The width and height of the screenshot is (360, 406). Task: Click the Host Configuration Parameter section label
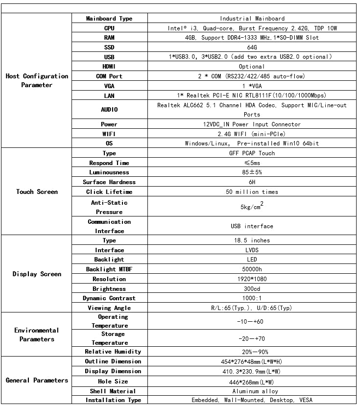click(37, 81)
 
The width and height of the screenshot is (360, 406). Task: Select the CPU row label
click(109, 28)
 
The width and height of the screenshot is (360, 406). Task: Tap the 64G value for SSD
click(252, 48)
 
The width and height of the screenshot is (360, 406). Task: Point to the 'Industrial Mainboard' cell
click(252, 19)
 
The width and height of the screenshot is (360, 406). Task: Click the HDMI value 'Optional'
click(252, 67)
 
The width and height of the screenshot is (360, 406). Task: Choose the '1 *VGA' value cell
click(252, 86)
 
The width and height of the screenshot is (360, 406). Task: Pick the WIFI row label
click(109, 134)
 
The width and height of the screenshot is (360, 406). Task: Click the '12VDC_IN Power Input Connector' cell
click(252, 124)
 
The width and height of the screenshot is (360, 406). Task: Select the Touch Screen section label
click(37, 192)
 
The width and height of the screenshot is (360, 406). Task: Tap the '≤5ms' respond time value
click(252, 163)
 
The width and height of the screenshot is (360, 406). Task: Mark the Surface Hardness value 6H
click(252, 182)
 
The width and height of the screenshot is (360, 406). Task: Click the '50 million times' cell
click(252, 192)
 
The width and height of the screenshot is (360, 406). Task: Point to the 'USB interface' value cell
click(252, 226)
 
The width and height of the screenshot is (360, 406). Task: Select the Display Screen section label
click(37, 274)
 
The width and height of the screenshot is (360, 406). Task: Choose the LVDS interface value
click(252, 250)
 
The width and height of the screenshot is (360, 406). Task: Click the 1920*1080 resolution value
click(252, 279)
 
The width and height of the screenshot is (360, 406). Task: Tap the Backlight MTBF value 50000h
click(252, 269)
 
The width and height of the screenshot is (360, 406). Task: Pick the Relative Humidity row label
click(113, 352)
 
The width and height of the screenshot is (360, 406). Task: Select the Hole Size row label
click(114, 382)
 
